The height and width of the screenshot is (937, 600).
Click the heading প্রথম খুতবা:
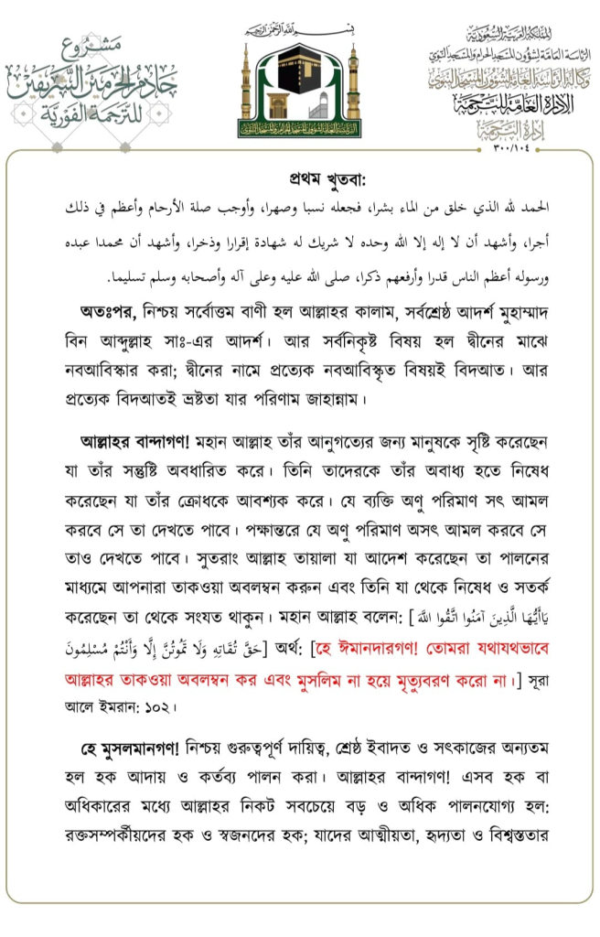(x=299, y=179)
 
